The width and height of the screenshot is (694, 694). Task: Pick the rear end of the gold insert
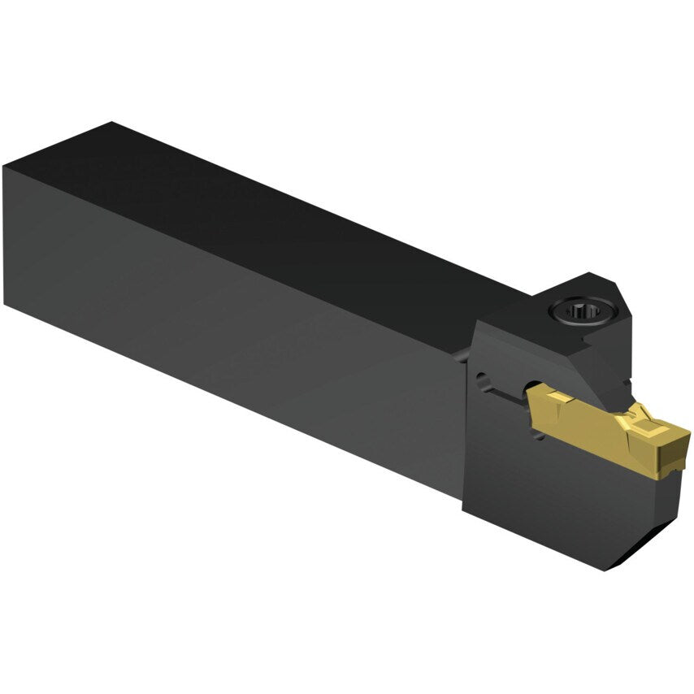533,398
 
